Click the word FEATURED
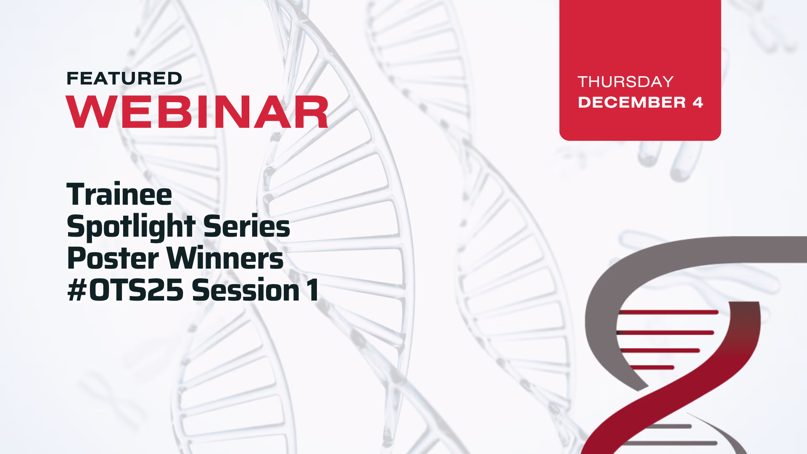pyautogui.click(x=124, y=79)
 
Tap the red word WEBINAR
pyautogui.click(x=197, y=112)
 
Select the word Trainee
pyautogui.click(x=119, y=194)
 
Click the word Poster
pyautogui.click(x=113, y=258)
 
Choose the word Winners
pyautogui.click(x=225, y=258)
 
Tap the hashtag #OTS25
pyautogui.click(x=126, y=290)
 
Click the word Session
pyautogui.click(x=246, y=290)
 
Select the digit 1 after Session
pyautogui.click(x=313, y=290)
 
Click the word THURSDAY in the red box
pyautogui.click(x=626, y=82)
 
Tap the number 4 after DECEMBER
pyautogui.click(x=698, y=103)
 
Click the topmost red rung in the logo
pyautogui.click(x=668, y=312)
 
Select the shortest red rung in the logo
pyautogui.click(x=652, y=367)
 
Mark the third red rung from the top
pyautogui.click(x=660, y=350)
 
